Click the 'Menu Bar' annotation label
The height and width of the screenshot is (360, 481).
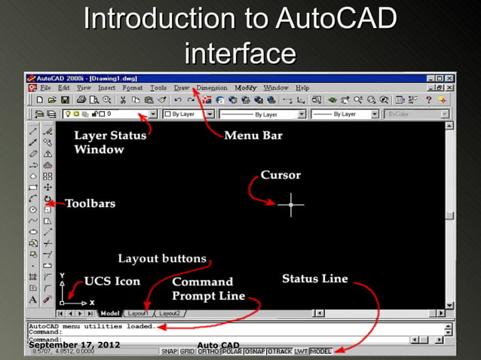point(253,136)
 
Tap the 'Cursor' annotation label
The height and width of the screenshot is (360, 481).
point(280,175)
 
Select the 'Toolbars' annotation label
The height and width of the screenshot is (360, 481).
point(90,203)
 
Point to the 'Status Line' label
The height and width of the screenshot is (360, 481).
point(314,279)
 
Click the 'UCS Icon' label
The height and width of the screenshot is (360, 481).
point(112,281)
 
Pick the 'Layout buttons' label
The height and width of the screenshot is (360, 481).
point(161,258)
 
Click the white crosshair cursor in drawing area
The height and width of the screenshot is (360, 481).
point(291,204)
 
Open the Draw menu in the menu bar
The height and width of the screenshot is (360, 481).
point(182,88)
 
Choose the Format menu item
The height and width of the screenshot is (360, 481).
point(132,88)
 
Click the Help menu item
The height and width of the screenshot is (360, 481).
point(302,88)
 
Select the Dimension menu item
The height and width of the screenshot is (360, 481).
point(212,88)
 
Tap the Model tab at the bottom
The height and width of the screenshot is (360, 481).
point(110,313)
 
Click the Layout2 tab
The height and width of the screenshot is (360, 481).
point(169,313)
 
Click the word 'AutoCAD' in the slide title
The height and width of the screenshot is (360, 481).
point(336,19)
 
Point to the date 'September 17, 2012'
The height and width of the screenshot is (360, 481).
point(75,345)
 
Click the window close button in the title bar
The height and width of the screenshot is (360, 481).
point(449,78)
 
